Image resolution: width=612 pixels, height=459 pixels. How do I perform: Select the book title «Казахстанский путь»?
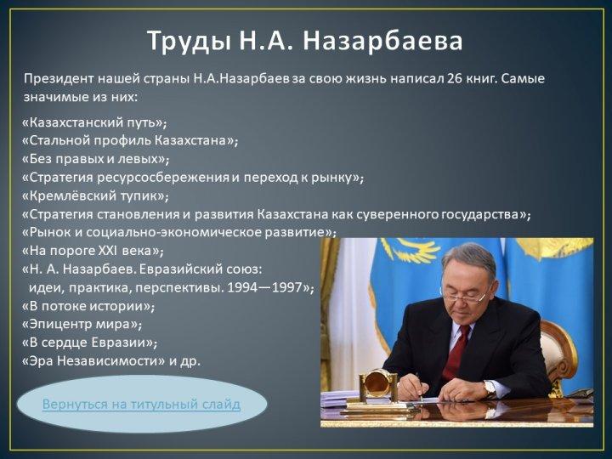click(94, 122)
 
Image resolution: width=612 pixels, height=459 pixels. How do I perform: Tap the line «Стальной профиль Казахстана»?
click(130, 140)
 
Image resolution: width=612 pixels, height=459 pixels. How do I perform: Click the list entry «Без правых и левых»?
click(95, 159)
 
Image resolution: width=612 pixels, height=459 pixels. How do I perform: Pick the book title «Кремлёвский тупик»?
click(95, 195)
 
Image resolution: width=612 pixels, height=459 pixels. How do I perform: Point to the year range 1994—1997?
click(264, 287)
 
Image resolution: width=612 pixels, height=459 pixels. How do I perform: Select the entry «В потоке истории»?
click(88, 306)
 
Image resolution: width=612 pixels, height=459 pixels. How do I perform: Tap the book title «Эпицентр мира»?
click(82, 324)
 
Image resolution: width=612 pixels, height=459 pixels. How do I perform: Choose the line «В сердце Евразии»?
click(90, 343)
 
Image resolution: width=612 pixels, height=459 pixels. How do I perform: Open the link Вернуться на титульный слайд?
click(141, 404)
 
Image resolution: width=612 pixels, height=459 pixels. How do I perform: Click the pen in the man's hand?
click(419, 388)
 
